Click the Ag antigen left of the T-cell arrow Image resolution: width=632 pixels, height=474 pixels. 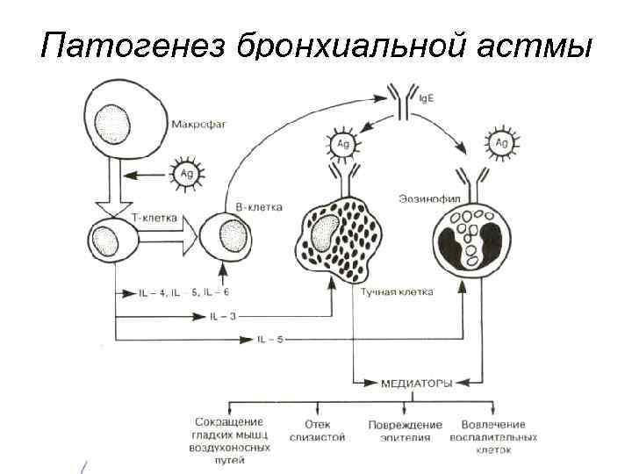(186, 174)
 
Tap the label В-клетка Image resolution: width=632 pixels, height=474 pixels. (259, 208)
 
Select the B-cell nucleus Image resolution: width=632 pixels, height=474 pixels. (232, 236)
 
